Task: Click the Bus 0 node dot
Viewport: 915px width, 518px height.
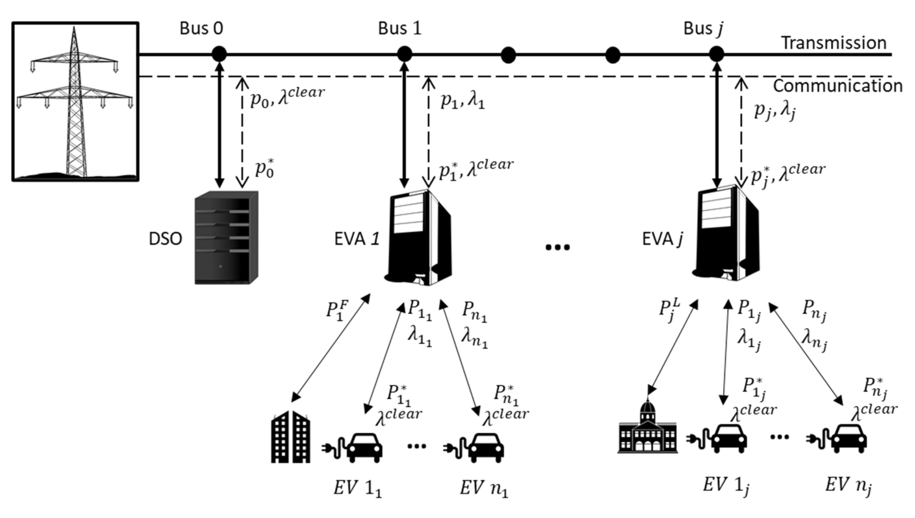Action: [219, 54]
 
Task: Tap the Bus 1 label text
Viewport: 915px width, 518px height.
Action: [399, 28]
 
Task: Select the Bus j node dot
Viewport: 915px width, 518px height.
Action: [716, 54]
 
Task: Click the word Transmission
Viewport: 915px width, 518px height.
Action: [833, 43]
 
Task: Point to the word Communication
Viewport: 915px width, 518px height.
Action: [837, 86]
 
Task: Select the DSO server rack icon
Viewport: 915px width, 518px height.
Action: [226, 238]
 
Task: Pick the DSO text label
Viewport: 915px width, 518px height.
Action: [165, 239]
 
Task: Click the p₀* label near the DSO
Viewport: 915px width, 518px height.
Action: [265, 169]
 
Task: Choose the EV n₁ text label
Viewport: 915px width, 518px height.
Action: [484, 488]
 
